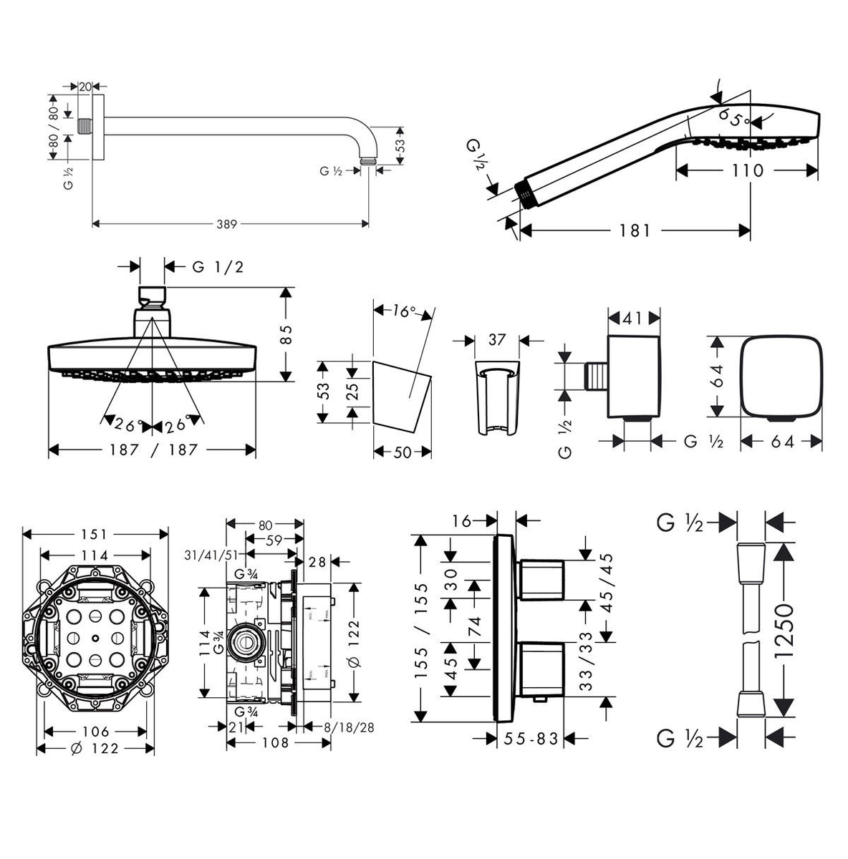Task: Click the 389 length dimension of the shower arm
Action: click(228, 224)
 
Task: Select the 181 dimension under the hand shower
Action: click(635, 230)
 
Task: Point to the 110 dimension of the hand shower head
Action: click(748, 171)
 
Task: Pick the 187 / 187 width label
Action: click(153, 450)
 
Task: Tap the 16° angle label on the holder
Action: click(404, 311)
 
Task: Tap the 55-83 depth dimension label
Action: click(530, 739)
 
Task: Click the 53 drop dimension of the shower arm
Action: click(400, 145)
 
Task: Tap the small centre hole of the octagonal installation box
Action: click(95, 637)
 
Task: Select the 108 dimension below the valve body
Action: click(274, 743)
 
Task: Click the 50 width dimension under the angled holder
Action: click(403, 452)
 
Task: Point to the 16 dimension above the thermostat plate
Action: click(463, 521)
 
